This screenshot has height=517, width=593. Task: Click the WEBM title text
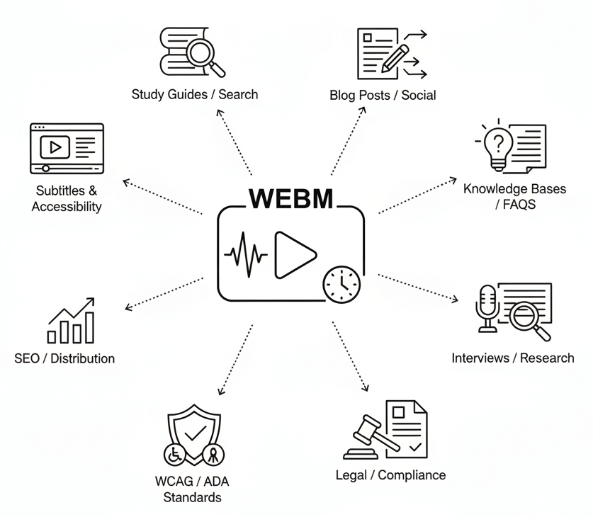(290, 199)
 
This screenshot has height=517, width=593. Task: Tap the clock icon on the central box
(341, 284)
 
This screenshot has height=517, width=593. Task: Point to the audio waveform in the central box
(246, 254)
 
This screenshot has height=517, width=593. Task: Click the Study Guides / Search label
(195, 94)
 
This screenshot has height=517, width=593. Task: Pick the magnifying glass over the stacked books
(202, 52)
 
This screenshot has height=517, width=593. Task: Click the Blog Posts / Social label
(383, 95)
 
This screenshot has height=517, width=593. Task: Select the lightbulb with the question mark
(499, 146)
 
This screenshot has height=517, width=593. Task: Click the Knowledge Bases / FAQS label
(505, 196)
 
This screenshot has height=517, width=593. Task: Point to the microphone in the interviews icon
(487, 304)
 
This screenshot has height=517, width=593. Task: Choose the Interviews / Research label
(513, 358)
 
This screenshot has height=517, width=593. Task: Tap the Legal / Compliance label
(390, 475)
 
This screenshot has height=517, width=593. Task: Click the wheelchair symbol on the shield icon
(173, 454)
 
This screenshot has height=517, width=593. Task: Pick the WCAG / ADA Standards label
(192, 489)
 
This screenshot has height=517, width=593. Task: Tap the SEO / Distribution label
(64, 358)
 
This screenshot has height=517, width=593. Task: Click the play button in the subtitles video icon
(55, 147)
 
